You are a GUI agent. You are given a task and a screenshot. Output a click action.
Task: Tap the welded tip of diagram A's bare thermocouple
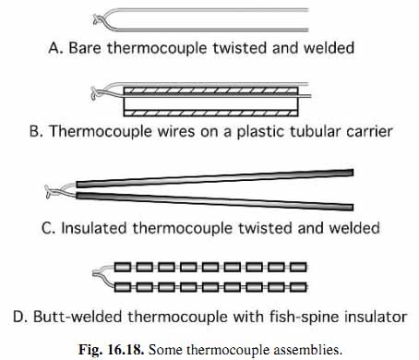(95, 18)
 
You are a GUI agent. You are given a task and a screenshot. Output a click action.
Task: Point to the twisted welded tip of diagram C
(49, 191)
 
